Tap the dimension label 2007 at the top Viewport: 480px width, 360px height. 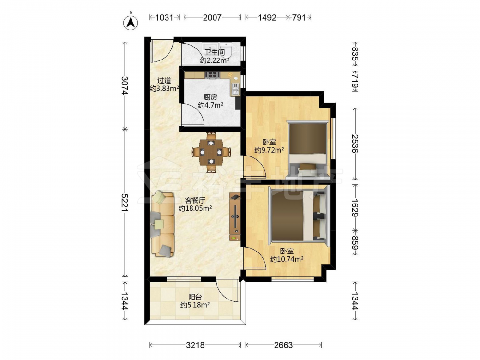(212, 17)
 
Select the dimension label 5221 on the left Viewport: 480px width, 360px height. (125, 203)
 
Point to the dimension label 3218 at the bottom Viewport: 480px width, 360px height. (195, 345)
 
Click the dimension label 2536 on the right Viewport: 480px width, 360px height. (355, 144)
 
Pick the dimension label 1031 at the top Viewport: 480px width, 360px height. (164, 17)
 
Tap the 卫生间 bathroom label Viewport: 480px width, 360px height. (214, 52)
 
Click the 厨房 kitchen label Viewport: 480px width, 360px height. (210, 97)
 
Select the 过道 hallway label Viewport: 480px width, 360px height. (164, 81)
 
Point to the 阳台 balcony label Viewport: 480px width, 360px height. (195, 297)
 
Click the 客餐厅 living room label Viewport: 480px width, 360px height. (195, 201)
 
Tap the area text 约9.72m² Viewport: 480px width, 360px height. (269, 150)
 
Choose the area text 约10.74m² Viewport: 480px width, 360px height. (287, 259)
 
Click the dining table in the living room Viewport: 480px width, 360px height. (211, 152)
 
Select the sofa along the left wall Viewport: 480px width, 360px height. (162, 224)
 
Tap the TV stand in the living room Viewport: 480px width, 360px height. (235, 217)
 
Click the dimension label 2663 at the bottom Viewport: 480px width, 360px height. (283, 345)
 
